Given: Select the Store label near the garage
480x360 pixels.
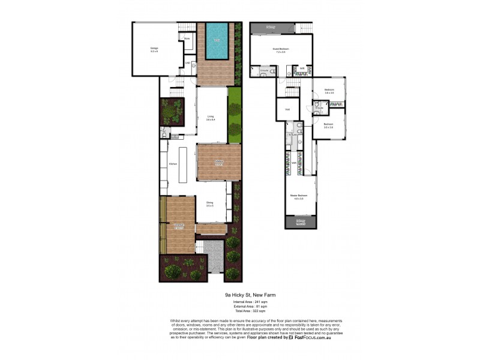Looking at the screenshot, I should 187,38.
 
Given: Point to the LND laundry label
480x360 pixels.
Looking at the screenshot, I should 187,62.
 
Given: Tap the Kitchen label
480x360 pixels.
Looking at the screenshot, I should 173,163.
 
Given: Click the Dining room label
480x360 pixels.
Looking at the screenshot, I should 210,204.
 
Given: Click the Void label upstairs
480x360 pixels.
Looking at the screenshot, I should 287,109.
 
